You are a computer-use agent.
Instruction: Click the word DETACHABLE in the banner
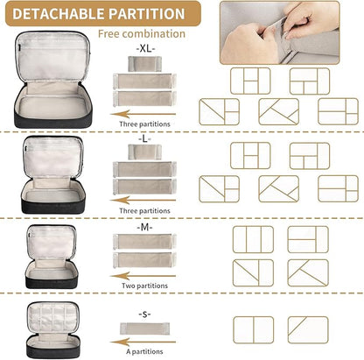click(x=59, y=14)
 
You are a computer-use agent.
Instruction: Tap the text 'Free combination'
click(x=142, y=34)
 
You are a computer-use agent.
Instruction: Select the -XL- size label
click(x=145, y=48)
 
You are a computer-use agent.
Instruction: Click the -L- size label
click(x=145, y=139)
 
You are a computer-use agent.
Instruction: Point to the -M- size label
click(x=144, y=227)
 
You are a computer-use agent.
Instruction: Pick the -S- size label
click(x=144, y=314)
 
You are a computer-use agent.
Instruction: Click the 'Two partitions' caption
click(x=144, y=286)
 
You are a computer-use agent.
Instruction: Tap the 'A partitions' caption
click(x=144, y=351)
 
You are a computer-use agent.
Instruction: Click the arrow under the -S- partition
click(x=143, y=342)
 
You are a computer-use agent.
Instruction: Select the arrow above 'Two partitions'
click(x=143, y=276)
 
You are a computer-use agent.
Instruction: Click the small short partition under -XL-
click(x=144, y=64)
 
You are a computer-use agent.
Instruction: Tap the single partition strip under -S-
click(x=144, y=328)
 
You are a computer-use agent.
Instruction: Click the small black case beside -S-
click(x=52, y=330)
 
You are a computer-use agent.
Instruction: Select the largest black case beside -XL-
click(x=52, y=80)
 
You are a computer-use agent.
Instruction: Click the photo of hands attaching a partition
click(x=280, y=32)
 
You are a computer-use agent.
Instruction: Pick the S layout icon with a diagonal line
click(x=308, y=329)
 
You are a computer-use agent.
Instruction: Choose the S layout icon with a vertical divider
click(x=254, y=329)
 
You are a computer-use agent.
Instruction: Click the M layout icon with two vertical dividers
click(x=253, y=239)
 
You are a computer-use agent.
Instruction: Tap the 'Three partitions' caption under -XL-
click(x=144, y=124)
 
